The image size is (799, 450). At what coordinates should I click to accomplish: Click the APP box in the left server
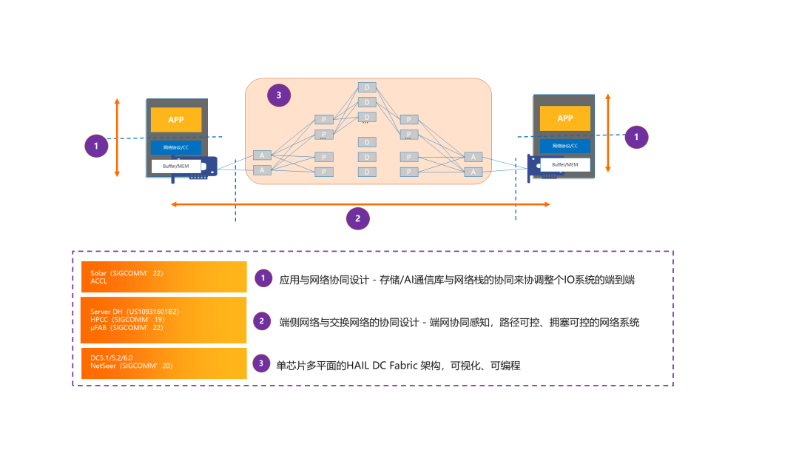click(x=176, y=120)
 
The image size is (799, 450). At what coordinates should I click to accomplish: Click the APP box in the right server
click(x=564, y=118)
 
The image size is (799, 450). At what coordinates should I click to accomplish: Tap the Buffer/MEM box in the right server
click(x=564, y=165)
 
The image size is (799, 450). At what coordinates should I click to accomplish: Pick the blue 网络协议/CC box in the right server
click(x=564, y=146)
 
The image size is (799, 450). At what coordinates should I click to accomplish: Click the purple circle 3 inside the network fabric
click(x=278, y=95)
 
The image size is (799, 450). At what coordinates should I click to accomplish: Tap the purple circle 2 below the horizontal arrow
click(x=358, y=218)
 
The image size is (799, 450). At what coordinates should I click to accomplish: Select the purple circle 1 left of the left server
click(x=96, y=146)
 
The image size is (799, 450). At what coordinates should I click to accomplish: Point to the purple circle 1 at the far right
click(x=636, y=137)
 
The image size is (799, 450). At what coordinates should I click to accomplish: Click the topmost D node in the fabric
click(x=367, y=87)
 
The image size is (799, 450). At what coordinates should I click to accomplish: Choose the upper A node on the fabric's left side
click(x=262, y=155)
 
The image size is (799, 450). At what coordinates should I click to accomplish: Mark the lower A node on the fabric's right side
click(x=473, y=172)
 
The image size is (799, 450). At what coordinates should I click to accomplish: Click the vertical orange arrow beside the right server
click(x=608, y=133)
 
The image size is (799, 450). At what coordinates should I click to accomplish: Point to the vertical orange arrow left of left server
click(x=117, y=137)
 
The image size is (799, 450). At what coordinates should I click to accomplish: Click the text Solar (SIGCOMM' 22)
click(x=122, y=273)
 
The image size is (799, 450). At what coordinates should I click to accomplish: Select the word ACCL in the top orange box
click(x=99, y=281)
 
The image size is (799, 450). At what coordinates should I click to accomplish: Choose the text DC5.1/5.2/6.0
click(x=112, y=357)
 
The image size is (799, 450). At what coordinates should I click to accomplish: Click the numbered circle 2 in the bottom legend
click(x=262, y=321)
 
